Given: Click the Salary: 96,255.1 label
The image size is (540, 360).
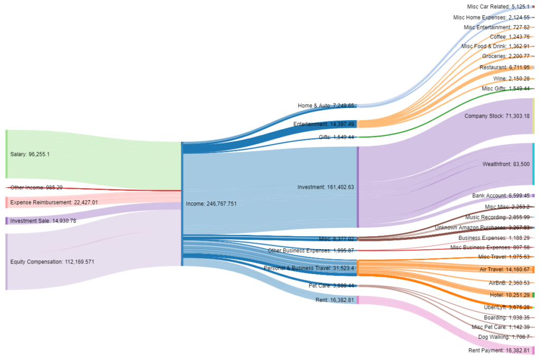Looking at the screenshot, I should pos(30,154).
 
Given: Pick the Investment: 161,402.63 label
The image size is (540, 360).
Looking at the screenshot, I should pos(325,187).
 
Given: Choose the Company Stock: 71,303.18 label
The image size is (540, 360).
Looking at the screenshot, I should pos(497,116).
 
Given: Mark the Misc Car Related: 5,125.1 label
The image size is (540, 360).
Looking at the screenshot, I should pos(498,7).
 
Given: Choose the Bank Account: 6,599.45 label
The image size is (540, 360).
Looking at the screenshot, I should pos(500,196).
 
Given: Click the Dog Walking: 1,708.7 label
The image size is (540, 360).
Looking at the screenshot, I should pos(504,337).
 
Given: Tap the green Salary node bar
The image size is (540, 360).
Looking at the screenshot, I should pos(6,154).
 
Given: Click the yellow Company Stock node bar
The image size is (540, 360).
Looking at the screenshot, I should pos(533,116).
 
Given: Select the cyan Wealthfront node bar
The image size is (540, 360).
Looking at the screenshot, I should pos(533,164).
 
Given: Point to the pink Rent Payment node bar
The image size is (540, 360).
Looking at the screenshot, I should pos(533,351).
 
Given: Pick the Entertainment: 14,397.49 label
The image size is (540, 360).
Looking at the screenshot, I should pos(324,124).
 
